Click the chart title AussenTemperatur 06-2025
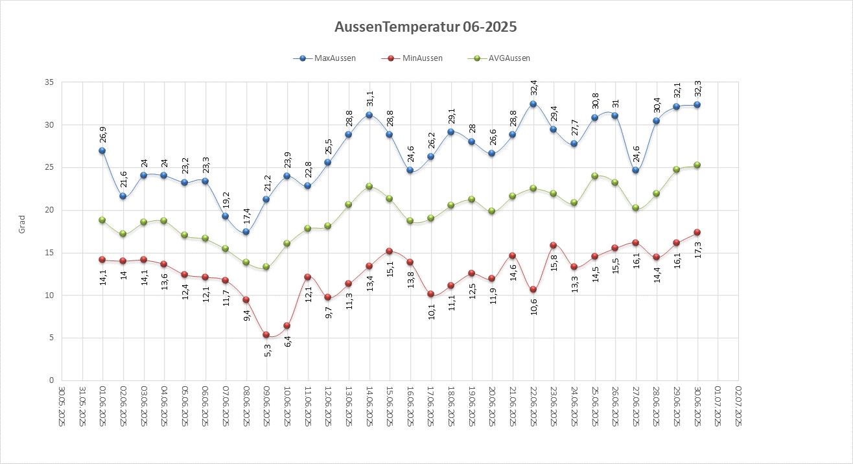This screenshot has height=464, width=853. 426,27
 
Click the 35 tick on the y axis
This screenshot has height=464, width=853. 49,82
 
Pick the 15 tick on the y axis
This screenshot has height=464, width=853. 49,253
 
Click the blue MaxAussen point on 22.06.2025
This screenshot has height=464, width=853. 533,104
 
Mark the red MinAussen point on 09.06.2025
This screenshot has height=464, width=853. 266,335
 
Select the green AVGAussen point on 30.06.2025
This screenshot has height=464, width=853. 697,165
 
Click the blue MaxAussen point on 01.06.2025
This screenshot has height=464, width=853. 102,150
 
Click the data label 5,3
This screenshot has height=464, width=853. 266,351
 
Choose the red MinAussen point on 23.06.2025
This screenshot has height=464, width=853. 553,246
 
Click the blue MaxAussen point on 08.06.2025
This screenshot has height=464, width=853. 246,231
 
